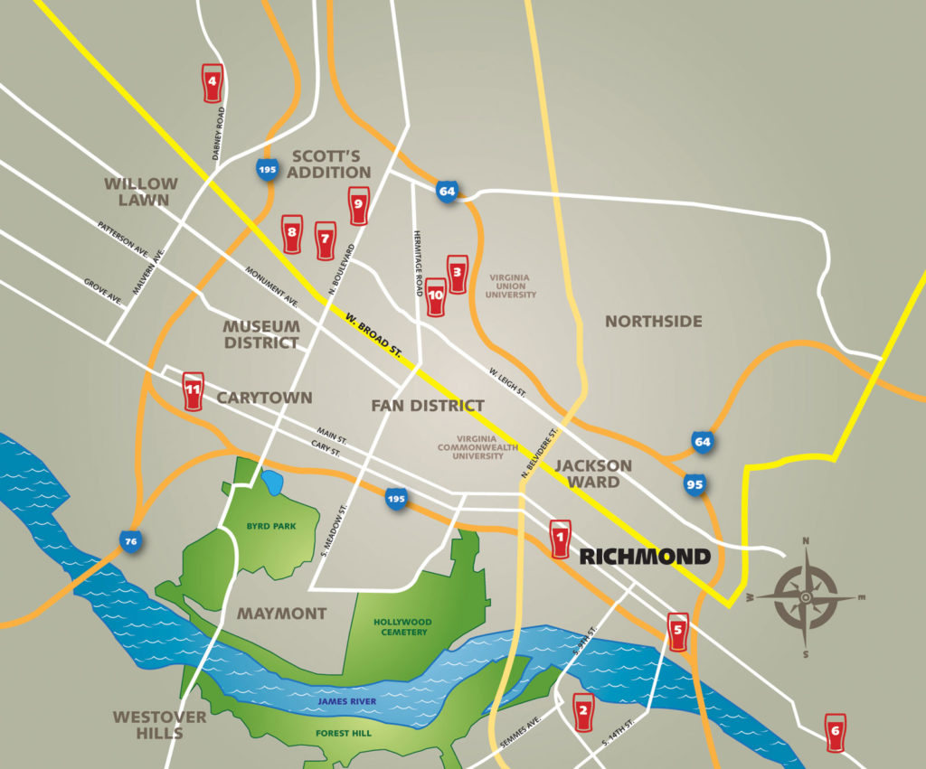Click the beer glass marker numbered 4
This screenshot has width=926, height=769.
pos(212,82)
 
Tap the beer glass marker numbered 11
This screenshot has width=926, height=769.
pos(193,391)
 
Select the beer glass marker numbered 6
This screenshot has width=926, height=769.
pos(835,731)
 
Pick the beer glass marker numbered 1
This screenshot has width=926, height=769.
pos(560,539)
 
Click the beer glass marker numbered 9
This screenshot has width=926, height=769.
pos(358,205)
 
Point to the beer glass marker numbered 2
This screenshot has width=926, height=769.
pos(583,712)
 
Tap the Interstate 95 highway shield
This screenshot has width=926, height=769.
pos(694,485)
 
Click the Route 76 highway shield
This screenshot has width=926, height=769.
pos(131,542)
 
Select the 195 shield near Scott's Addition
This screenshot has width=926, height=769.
pos(267,169)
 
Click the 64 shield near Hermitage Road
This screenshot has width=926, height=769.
pos(447,191)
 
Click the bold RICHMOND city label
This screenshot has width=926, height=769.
pos(645,556)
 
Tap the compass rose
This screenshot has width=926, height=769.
pos(806,597)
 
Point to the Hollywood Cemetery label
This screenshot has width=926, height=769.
pos(402,627)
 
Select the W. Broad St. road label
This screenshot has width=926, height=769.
pos(373,333)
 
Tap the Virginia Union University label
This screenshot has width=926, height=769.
pos(510,286)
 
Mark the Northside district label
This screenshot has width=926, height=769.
pos(653,322)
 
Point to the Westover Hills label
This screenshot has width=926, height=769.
pos(159,725)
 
